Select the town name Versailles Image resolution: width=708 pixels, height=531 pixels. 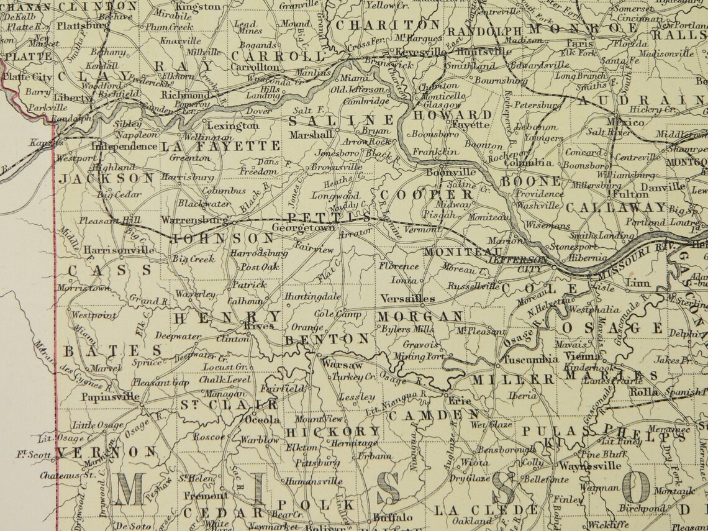pyautogui.click(x=408, y=298)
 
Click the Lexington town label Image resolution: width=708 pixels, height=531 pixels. pyautogui.click(x=233, y=125)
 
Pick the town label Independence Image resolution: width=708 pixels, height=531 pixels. pyautogui.click(x=124, y=147)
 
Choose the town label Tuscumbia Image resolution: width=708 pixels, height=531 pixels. pyautogui.click(x=530, y=360)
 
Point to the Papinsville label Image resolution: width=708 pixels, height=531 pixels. pyautogui.click(x=111, y=397)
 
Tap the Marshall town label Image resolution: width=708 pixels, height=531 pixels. pyautogui.click(x=310, y=134)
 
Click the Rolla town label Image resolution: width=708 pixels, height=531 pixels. pyautogui.click(x=643, y=392)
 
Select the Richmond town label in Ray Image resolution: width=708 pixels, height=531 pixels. pyautogui.click(x=184, y=96)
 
